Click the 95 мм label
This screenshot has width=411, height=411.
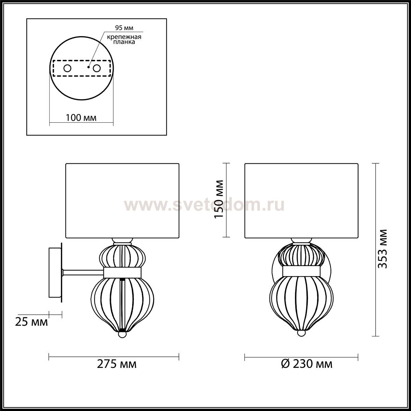124,28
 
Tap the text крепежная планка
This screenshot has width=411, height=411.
124,39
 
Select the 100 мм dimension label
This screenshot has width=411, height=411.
81,117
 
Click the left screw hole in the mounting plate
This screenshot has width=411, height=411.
67,68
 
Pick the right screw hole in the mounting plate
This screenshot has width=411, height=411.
97,68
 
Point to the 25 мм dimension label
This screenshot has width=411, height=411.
32,328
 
